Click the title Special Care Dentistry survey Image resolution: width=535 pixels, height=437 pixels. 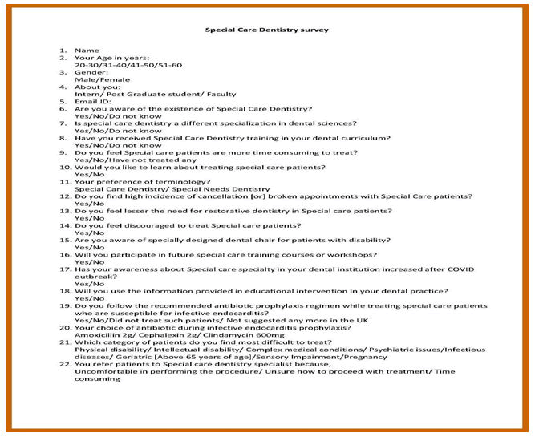point(267,30)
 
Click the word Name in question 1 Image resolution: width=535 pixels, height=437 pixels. point(86,51)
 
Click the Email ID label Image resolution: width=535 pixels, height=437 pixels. point(93,101)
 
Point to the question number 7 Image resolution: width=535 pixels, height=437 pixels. point(63,123)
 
